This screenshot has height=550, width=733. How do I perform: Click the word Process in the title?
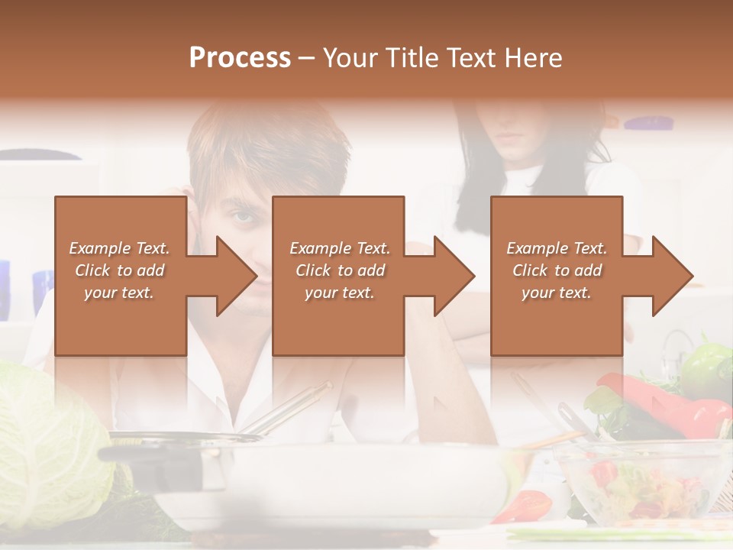coord(240,58)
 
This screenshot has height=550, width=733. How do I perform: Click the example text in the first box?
coord(119,270)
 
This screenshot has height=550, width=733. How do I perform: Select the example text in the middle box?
coord(340,270)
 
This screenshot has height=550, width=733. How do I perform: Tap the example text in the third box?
coord(557,270)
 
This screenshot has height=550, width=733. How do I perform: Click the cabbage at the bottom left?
coord(46,443)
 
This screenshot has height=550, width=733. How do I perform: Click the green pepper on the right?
coord(706,367)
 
